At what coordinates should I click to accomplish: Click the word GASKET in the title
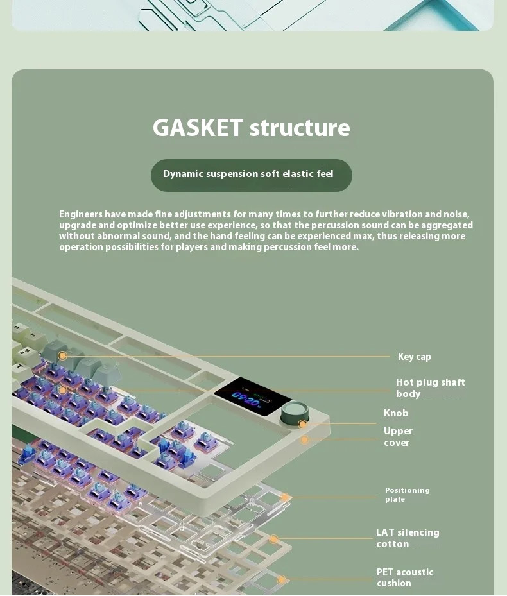click(x=198, y=127)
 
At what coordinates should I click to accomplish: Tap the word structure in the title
click(x=300, y=128)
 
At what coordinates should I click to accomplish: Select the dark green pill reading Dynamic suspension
click(x=252, y=175)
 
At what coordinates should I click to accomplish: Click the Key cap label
click(x=414, y=357)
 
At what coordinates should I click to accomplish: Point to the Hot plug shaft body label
click(x=430, y=387)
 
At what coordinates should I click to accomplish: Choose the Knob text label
click(x=396, y=413)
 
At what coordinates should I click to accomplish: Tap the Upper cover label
click(x=398, y=437)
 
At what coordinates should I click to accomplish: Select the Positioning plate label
click(x=408, y=495)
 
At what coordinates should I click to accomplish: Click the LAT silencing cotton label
click(x=408, y=538)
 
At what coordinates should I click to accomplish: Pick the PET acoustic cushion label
click(x=405, y=577)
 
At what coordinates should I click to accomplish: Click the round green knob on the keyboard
click(x=295, y=414)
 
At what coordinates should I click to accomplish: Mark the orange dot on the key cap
click(x=63, y=356)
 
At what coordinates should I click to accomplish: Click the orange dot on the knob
click(x=302, y=424)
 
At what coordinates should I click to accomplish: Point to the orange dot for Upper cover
click(x=304, y=439)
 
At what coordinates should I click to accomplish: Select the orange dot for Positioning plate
click(x=284, y=497)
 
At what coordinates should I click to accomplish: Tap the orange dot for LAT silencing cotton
click(x=273, y=539)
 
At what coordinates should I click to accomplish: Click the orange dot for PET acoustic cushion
click(x=282, y=580)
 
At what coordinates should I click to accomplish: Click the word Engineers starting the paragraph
click(x=81, y=214)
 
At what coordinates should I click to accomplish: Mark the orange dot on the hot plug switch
click(x=63, y=390)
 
